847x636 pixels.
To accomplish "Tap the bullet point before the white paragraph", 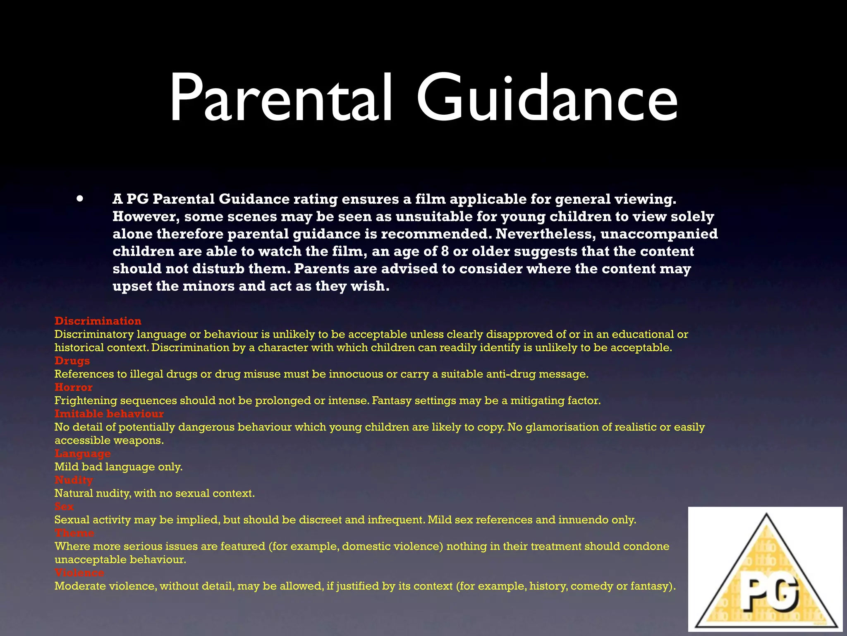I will click(x=80, y=199).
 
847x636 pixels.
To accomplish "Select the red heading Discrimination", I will click(x=98, y=321).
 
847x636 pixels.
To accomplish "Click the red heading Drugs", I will click(x=72, y=361).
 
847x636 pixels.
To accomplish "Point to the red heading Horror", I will click(x=74, y=387).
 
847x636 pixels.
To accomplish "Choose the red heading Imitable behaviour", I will click(x=109, y=414).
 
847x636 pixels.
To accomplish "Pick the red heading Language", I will click(x=83, y=454).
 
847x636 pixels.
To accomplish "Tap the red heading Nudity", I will click(x=74, y=480).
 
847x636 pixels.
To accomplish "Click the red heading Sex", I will click(x=64, y=506).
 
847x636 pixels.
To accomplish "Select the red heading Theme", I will click(x=74, y=533).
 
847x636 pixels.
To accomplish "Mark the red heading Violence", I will click(x=79, y=573).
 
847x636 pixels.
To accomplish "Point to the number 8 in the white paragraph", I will click(x=445, y=251).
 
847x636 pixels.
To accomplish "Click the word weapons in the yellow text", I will click(x=140, y=441).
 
